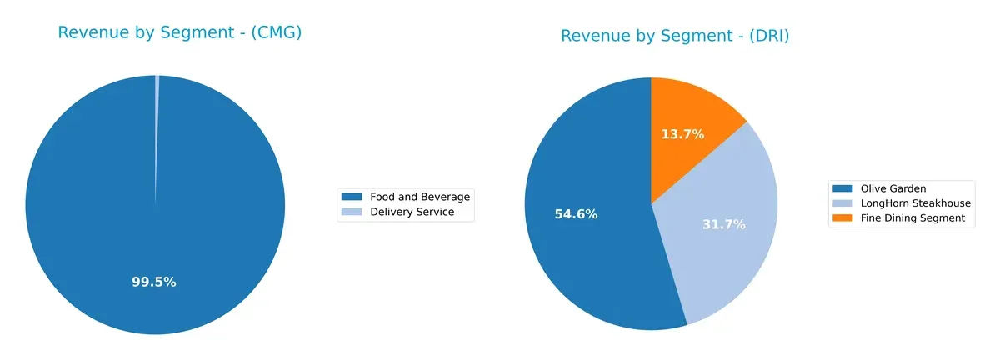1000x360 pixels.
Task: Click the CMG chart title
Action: [179, 32]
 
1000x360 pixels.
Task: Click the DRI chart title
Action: [675, 36]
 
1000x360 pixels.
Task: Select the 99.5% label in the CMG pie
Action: [154, 282]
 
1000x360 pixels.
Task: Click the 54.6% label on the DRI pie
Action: [577, 214]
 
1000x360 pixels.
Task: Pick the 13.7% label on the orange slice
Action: [683, 133]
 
